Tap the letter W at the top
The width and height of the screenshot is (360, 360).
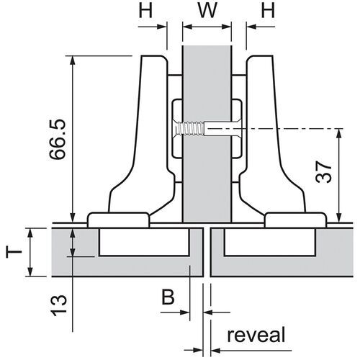(207, 14)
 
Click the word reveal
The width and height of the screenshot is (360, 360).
(256, 335)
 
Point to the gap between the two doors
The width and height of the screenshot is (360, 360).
(207, 252)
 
